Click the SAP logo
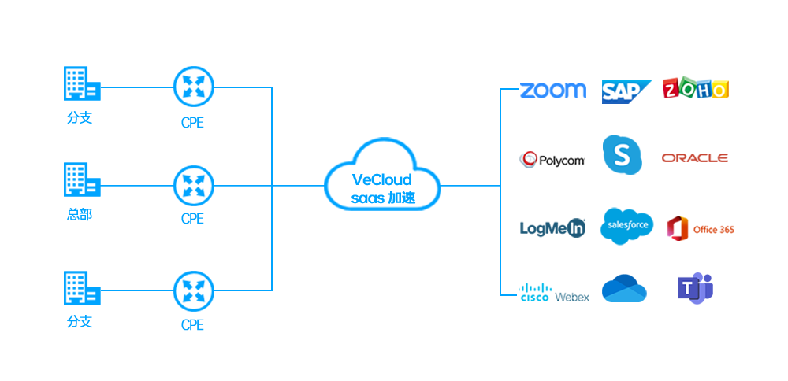pyautogui.click(x=627, y=91)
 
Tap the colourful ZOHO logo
pyautogui.click(x=695, y=87)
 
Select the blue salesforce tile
pyautogui.click(x=626, y=226)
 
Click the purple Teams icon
pyautogui.click(x=694, y=288)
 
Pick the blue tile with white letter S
pyautogui.click(x=622, y=154)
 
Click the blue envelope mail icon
pyautogui.click(x=624, y=288)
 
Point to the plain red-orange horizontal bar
pyautogui.click(x=694, y=158)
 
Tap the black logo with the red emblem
pyautogui.click(x=552, y=160)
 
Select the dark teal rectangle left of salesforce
pyautogui.click(x=552, y=227)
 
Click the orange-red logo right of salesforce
pyautogui.click(x=700, y=228)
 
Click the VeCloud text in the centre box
pyautogui.click(x=380, y=179)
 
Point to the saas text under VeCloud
pyautogui.click(x=368, y=198)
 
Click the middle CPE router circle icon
pyautogui.click(x=193, y=183)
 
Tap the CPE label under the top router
pyautogui.click(x=192, y=123)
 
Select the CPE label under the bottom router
pyautogui.click(x=192, y=324)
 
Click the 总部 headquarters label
pyautogui.click(x=79, y=213)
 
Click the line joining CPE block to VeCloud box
pyautogui.click(x=298, y=186)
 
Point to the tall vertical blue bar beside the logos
pyautogui.click(x=508, y=191)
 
